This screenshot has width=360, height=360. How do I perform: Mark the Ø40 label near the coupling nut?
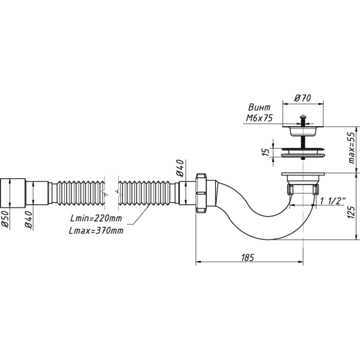pos(178,168)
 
